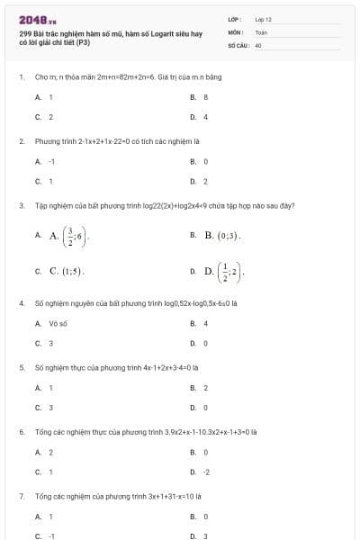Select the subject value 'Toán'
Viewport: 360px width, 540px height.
click(x=261, y=31)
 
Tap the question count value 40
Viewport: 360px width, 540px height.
click(x=258, y=44)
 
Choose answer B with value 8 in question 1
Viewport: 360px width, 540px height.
click(x=206, y=96)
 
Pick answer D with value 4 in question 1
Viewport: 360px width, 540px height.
click(x=206, y=116)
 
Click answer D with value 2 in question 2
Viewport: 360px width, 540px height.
click(x=206, y=181)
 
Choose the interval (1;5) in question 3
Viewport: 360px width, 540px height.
click(x=72, y=270)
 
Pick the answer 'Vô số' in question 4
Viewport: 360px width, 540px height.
click(x=57, y=323)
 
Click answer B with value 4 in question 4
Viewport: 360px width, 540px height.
click(x=206, y=323)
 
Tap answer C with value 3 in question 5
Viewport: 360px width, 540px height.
click(x=50, y=408)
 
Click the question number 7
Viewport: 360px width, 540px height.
click(x=21, y=496)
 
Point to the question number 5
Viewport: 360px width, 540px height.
click(x=21, y=367)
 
